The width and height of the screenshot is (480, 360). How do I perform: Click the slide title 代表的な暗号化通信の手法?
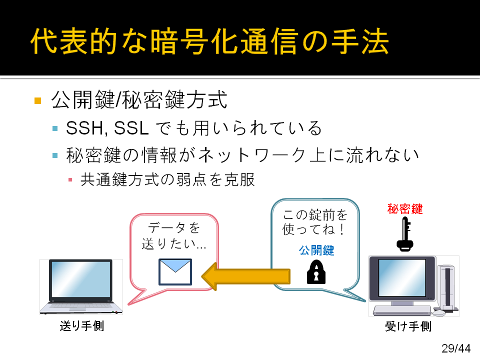(x=209, y=41)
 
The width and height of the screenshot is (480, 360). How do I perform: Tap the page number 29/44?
(x=456, y=348)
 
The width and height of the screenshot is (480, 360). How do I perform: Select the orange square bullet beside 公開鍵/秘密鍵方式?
(x=38, y=100)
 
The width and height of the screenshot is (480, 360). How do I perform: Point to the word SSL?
(x=131, y=127)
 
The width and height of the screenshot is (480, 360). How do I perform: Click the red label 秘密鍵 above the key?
(x=405, y=209)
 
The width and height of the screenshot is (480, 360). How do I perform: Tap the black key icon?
(x=405, y=234)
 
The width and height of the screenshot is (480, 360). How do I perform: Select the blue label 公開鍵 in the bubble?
(x=316, y=250)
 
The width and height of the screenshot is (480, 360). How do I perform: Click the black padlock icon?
(x=316, y=272)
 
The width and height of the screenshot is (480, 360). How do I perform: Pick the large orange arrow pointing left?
(x=246, y=276)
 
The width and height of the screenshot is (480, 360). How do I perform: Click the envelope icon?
(x=175, y=272)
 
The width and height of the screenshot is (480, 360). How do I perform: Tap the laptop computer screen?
(x=81, y=279)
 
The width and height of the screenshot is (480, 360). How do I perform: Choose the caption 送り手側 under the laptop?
(x=81, y=325)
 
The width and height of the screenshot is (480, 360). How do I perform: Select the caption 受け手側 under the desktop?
(x=408, y=326)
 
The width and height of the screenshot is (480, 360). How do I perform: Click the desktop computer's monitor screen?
(x=402, y=278)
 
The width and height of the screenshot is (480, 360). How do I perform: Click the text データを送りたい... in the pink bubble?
(x=174, y=235)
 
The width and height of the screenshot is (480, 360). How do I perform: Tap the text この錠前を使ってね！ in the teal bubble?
(x=315, y=222)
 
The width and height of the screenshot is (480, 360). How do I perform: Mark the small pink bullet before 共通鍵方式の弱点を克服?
(x=70, y=179)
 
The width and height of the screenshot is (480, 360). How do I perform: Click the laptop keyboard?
(x=81, y=305)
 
